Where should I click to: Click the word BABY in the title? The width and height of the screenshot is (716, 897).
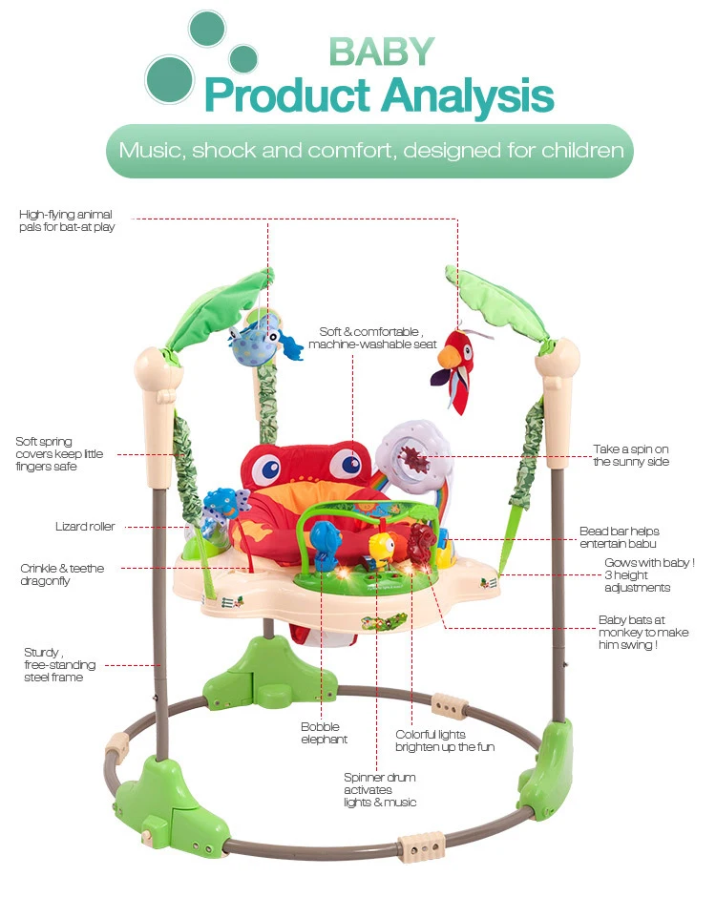(x=382, y=52)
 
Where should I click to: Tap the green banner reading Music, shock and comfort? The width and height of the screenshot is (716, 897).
(x=370, y=151)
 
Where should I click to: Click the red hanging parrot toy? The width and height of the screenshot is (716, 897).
(x=455, y=365)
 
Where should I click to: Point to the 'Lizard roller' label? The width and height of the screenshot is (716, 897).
(x=85, y=527)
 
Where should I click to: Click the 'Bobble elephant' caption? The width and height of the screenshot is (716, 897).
(x=324, y=733)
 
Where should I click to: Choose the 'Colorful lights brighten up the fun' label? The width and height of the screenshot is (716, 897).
(x=445, y=741)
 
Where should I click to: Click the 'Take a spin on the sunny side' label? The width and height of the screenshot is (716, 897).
(x=631, y=455)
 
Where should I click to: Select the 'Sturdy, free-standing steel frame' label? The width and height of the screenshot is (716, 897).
(x=53, y=665)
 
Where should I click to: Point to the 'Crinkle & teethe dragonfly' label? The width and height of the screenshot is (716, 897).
(x=62, y=574)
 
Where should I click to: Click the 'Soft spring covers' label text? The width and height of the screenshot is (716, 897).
(x=58, y=454)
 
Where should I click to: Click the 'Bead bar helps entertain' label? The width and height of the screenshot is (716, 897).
(x=619, y=537)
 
